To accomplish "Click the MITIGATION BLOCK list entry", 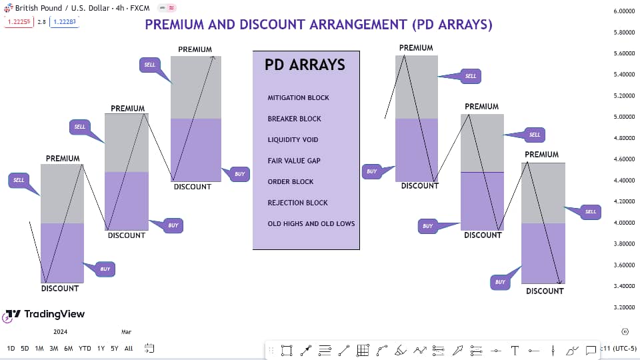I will (x=298, y=98).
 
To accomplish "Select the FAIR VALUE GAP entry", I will (x=294, y=161).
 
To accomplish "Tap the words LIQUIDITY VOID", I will (x=293, y=140).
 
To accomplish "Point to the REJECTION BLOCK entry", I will (x=298, y=203).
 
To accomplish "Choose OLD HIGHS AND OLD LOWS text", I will (x=311, y=224).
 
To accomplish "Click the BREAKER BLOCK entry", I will (x=294, y=119).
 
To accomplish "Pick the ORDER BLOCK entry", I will (x=291, y=182).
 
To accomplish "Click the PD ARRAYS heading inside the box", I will (x=305, y=65).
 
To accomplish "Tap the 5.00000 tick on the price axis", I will (x=623, y=117).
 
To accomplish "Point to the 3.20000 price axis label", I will (x=623, y=308).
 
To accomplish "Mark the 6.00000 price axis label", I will (x=623, y=11).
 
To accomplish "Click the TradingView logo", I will (x=45, y=314).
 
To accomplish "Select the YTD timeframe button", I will (x=85, y=349).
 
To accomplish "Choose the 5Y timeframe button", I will (x=115, y=349).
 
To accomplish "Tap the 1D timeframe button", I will (x=11, y=349).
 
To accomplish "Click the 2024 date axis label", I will (x=60, y=331).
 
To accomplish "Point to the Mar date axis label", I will (x=127, y=331).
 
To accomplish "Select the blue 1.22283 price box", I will (x=64, y=22).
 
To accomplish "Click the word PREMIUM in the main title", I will (x=175, y=25).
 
